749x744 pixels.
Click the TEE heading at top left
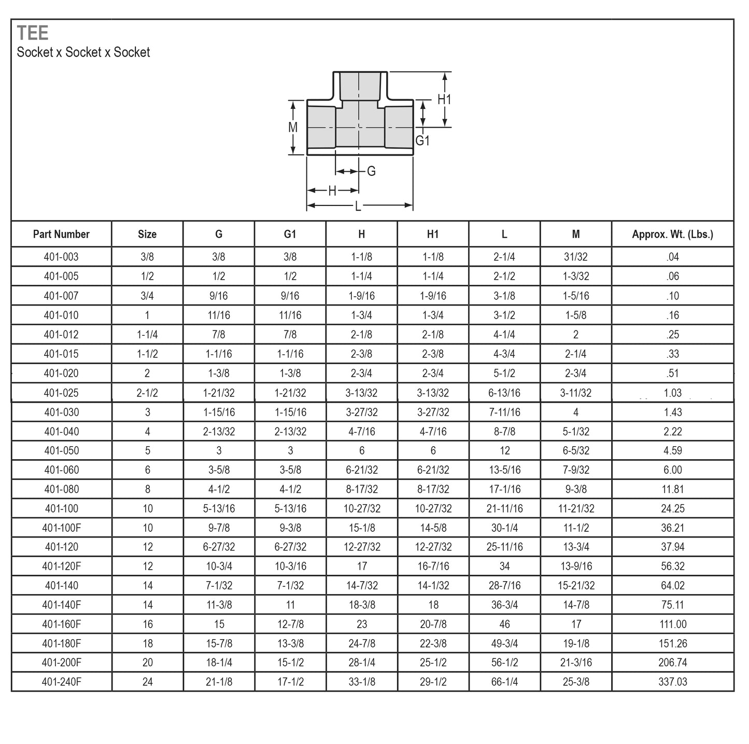(x=33, y=33)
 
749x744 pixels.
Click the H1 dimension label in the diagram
(x=444, y=100)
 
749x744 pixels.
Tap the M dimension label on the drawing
(x=293, y=127)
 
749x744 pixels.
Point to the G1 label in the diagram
(x=422, y=141)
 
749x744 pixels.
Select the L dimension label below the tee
(x=358, y=206)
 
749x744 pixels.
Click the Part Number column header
(x=61, y=235)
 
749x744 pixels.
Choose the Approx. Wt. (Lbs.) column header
(x=672, y=235)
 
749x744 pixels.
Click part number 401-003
(x=61, y=257)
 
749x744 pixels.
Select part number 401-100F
(x=61, y=528)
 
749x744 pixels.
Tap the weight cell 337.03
(x=672, y=682)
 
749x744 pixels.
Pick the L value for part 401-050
(x=504, y=451)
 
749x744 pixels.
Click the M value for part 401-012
(x=575, y=335)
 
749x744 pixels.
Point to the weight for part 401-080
(x=672, y=489)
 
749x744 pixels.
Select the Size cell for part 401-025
(x=147, y=393)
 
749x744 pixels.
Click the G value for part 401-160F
(x=219, y=624)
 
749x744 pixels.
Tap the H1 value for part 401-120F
(x=433, y=566)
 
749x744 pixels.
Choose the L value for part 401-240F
(x=504, y=682)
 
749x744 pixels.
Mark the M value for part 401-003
(x=575, y=257)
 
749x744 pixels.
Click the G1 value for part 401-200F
(x=290, y=663)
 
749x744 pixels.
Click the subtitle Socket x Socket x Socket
(x=83, y=52)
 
